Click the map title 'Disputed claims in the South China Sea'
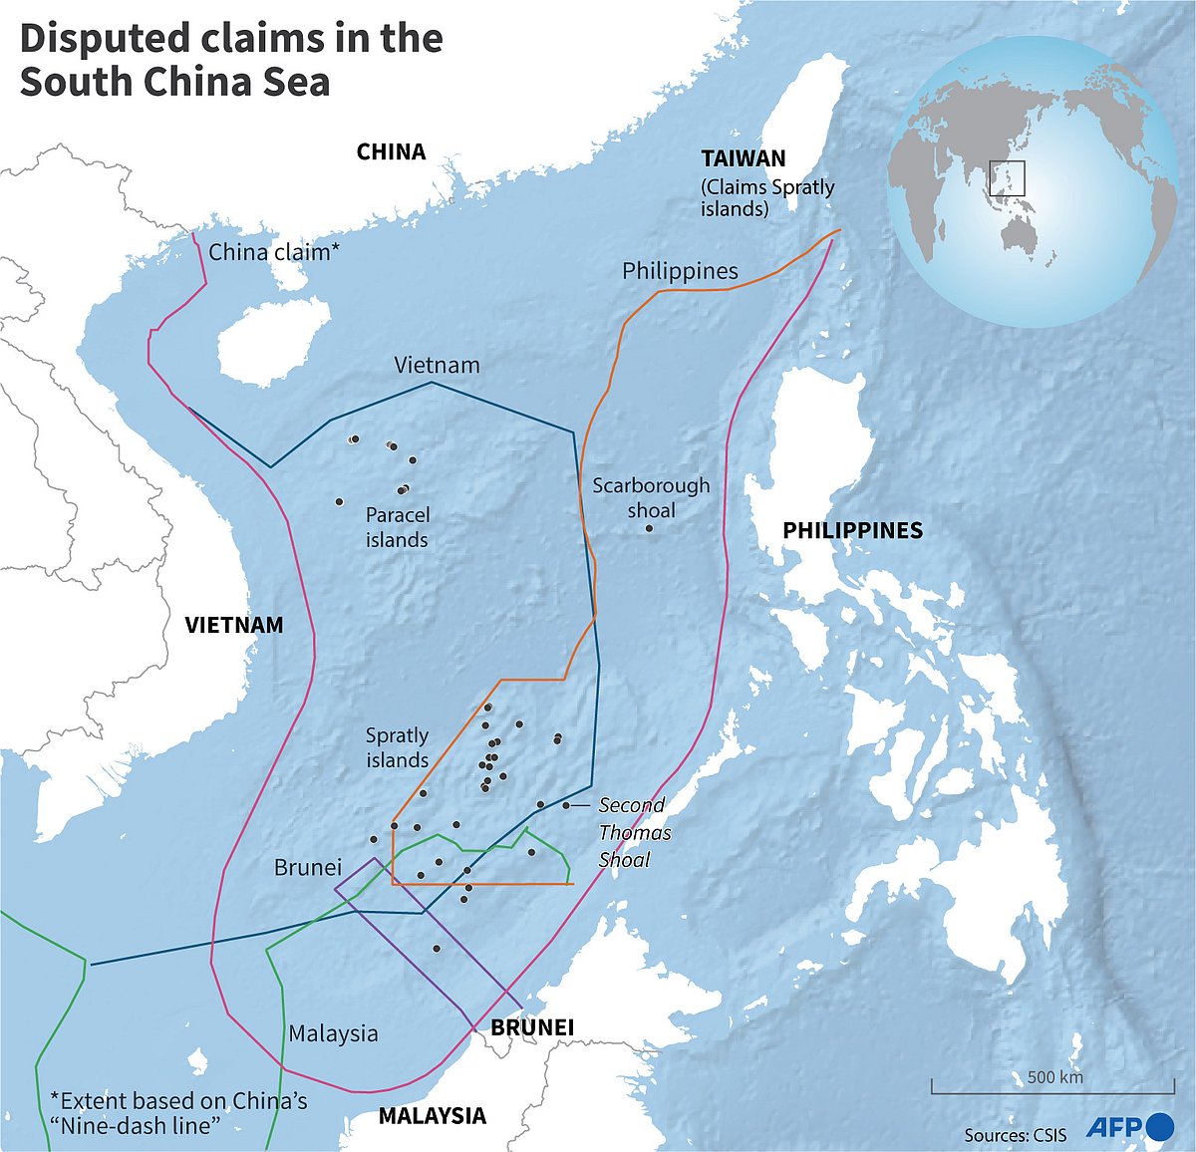tap(231, 60)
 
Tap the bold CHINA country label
tap(391, 151)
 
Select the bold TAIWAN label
tap(743, 158)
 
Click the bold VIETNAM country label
tap(234, 625)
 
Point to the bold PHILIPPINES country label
tap(852, 530)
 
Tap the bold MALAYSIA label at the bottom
tap(432, 1115)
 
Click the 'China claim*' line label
tap(274, 252)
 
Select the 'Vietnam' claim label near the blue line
tap(437, 365)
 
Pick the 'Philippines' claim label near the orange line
tap(680, 271)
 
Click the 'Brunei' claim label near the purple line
tap(307, 867)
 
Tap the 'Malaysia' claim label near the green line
tap(333, 1033)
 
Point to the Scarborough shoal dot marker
tap(649, 528)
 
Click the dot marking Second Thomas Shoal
tap(566, 805)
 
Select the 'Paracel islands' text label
tap(397, 527)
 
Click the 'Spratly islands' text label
tap(397, 747)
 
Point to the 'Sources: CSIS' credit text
tap(1015, 1134)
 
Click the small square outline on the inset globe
tap(1007, 178)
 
